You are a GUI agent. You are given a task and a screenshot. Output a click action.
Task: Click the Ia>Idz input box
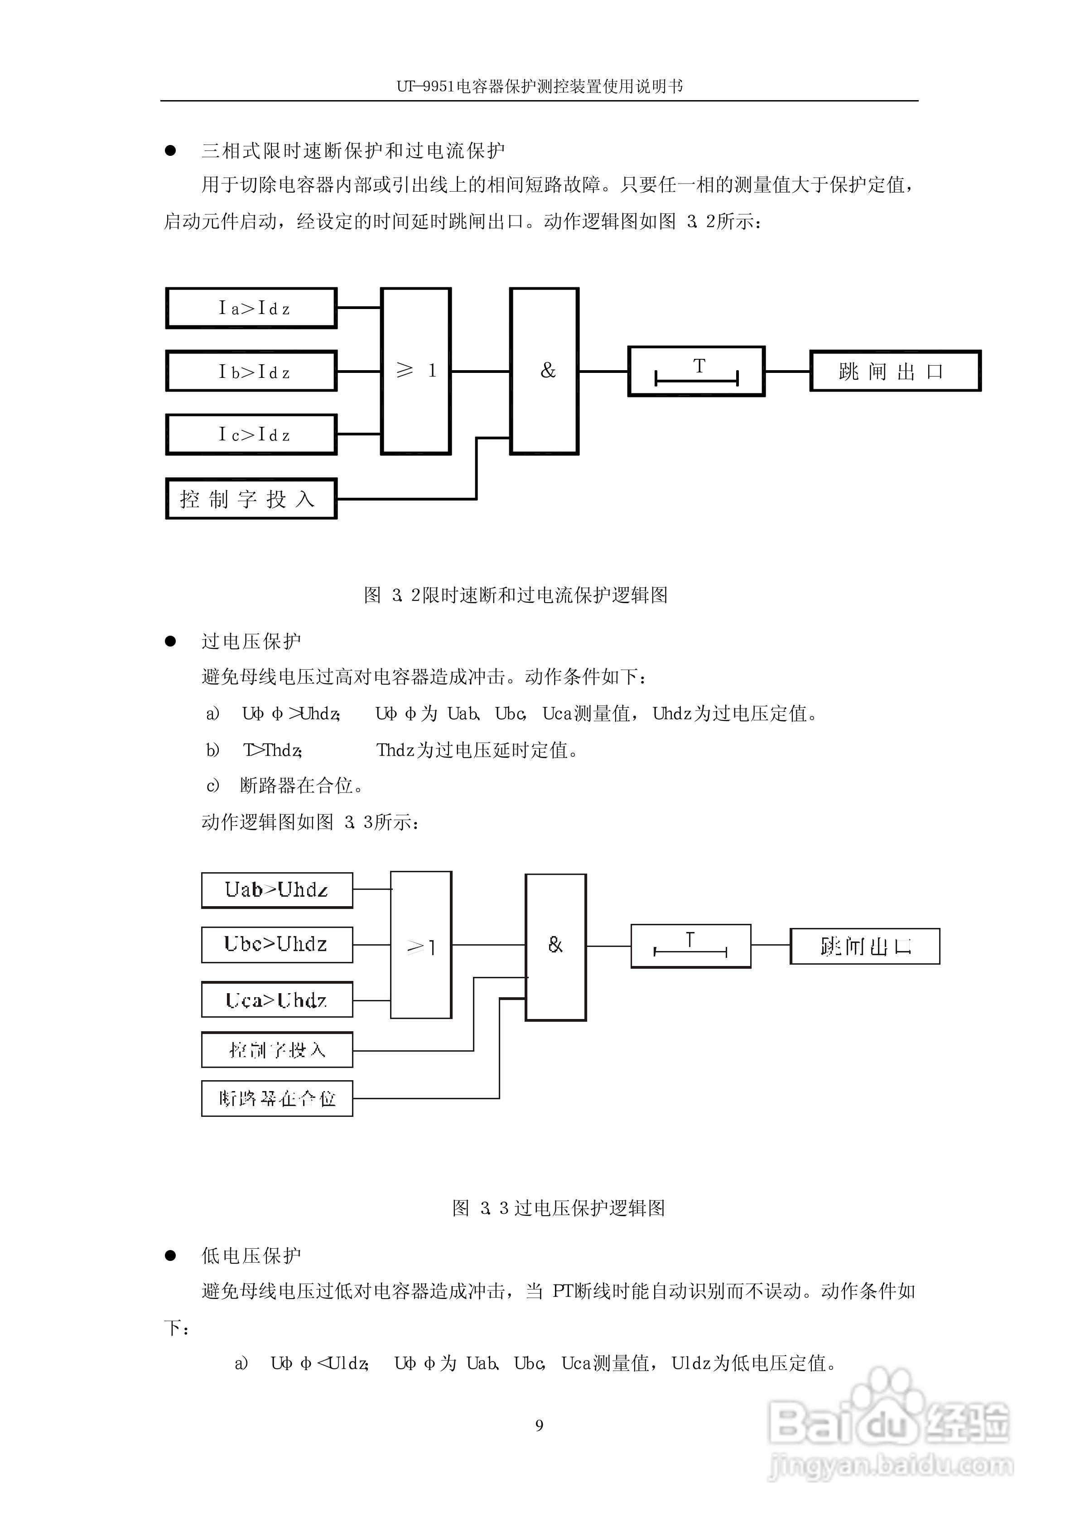[251, 308]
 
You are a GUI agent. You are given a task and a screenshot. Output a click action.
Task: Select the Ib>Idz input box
[251, 371]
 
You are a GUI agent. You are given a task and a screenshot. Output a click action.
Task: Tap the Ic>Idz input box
[251, 434]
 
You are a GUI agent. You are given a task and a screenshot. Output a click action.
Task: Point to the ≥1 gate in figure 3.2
[415, 371]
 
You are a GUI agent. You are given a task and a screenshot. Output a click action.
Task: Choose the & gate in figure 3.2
[544, 371]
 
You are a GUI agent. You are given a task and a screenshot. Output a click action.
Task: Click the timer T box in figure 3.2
[696, 371]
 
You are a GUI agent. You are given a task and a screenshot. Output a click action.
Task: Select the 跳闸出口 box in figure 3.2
[894, 371]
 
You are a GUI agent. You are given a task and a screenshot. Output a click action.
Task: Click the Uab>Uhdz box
[277, 890]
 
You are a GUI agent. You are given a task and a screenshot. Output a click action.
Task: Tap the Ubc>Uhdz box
[277, 944]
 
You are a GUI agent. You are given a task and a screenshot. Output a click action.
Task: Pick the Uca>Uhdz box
[277, 1000]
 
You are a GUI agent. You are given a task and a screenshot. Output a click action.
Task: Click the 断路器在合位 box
[277, 1098]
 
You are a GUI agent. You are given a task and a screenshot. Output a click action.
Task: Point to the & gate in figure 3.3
[555, 947]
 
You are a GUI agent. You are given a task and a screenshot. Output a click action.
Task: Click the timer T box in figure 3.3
[690, 946]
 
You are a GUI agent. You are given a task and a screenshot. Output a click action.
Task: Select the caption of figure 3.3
[559, 1207]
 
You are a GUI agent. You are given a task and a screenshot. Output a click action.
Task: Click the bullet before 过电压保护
[171, 642]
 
